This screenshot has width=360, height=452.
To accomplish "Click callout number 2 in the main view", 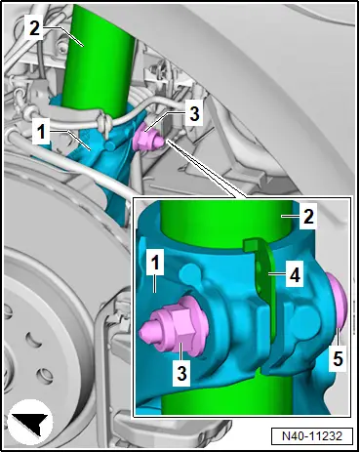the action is [x=34, y=28].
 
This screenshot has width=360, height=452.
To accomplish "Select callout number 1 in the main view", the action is [x=41, y=131].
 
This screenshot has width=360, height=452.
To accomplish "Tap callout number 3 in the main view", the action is [x=194, y=114].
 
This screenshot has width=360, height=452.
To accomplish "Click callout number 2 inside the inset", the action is [x=308, y=216].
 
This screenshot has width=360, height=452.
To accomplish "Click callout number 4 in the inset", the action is [x=295, y=275].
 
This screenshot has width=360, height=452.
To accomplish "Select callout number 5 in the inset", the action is [x=338, y=359].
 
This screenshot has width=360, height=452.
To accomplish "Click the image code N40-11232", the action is [x=312, y=436].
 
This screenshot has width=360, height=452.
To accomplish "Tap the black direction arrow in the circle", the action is [x=31, y=422].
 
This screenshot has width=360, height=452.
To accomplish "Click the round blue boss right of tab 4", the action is [x=304, y=317].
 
